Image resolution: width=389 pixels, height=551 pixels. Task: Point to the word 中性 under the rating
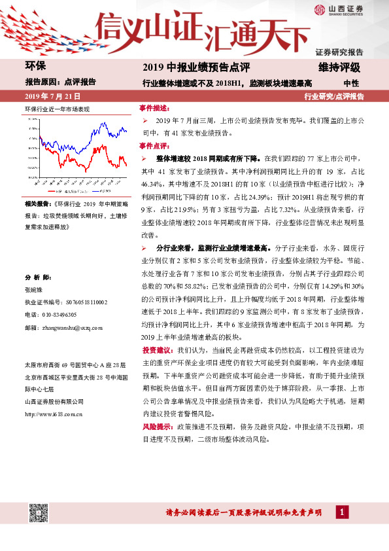tap(351, 82)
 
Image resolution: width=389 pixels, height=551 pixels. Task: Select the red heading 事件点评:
tap(154, 146)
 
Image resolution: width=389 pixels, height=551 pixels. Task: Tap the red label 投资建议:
tap(158, 351)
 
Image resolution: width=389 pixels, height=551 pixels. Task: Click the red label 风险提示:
tap(158, 426)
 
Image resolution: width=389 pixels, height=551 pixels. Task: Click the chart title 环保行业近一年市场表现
tap(57, 108)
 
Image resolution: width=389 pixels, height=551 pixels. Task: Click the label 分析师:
tap(37, 277)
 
